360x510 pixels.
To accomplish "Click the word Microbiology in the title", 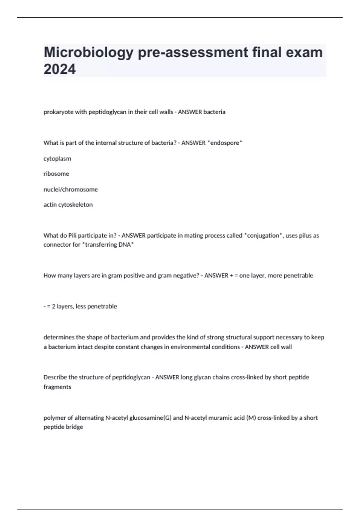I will point(88,53).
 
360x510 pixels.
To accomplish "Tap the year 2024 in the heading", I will point(60,69).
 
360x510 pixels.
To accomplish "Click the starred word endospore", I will point(225,143).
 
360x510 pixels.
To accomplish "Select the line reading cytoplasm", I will point(57,159).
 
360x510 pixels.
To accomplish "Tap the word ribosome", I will point(56,174).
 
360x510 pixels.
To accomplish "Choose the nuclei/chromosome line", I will point(70,189).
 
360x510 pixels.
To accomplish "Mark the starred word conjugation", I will point(263,235).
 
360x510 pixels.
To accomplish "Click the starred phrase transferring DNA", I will point(108,244).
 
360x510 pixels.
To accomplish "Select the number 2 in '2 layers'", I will point(53,306).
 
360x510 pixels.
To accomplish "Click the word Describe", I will point(55,377).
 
